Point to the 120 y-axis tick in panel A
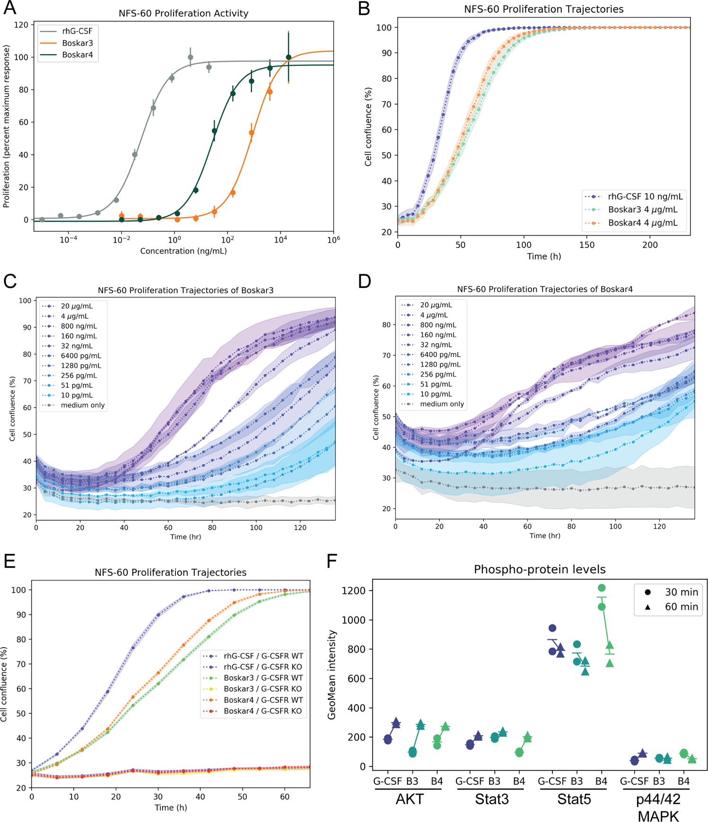tap(21, 25)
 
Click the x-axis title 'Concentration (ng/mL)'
tap(183, 251)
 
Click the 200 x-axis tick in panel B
tap(650, 245)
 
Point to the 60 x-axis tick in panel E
tap(284, 797)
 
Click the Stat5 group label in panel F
tap(574, 799)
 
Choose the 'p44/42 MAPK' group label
tap(658, 807)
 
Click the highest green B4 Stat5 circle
tap(602, 588)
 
